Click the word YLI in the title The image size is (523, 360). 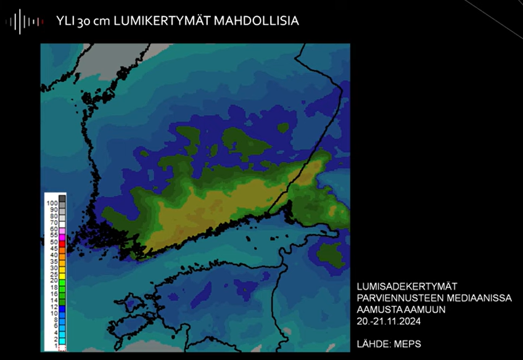click(x=66, y=21)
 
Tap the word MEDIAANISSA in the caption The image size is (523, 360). click(x=475, y=298)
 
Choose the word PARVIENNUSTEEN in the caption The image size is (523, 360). click(x=395, y=298)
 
